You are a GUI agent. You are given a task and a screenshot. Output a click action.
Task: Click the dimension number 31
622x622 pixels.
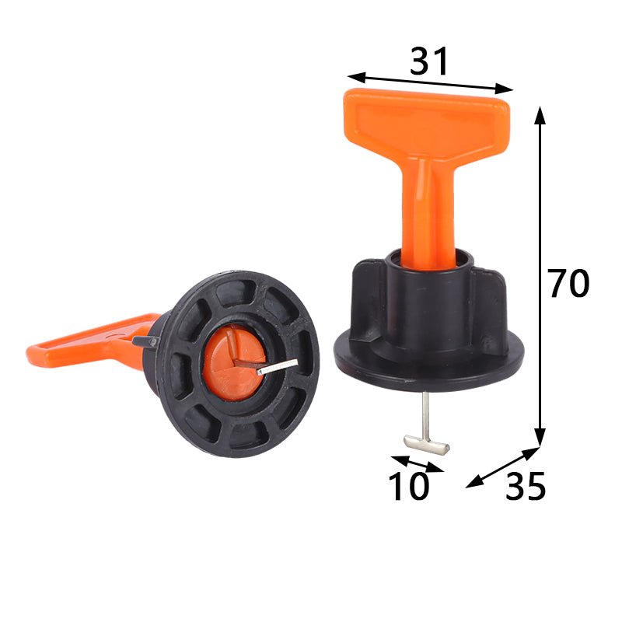tap(429, 61)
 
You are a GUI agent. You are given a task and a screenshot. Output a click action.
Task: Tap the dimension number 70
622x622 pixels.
tap(568, 284)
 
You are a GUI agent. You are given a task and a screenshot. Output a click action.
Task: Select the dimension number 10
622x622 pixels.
tap(409, 487)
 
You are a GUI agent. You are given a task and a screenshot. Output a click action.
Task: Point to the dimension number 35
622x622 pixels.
tap(526, 487)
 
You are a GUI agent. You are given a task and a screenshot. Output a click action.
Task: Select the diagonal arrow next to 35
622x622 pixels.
tap(503, 466)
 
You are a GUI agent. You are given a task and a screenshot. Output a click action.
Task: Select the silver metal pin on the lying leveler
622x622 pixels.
tap(277, 366)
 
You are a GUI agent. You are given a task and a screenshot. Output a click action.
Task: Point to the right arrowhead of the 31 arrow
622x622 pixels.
tap(507, 89)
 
